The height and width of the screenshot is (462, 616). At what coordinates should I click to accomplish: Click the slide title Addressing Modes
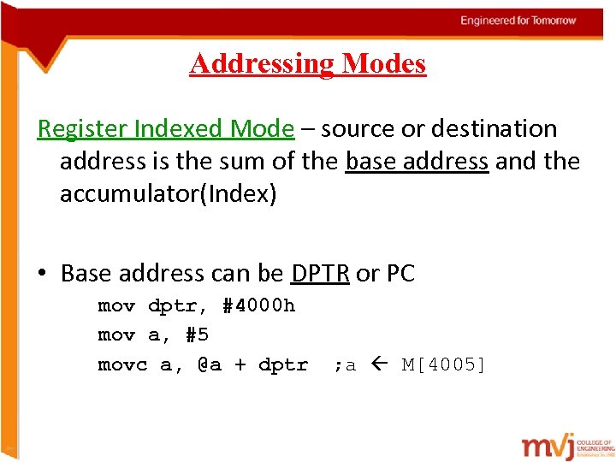[x=307, y=63]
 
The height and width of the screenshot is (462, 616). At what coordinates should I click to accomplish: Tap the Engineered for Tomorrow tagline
[x=518, y=21]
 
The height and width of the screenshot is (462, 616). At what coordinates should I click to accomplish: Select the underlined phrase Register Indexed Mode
[x=165, y=129]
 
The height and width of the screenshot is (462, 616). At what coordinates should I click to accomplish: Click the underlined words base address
[x=417, y=162]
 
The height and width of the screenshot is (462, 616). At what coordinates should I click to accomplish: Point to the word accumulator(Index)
[x=169, y=194]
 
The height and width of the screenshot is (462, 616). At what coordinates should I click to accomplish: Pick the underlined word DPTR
[x=320, y=274]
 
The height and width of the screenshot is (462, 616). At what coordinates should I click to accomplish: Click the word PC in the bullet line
[x=400, y=274]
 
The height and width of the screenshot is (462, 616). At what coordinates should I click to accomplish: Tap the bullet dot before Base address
[x=42, y=275]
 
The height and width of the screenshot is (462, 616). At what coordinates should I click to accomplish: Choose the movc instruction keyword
[x=122, y=365]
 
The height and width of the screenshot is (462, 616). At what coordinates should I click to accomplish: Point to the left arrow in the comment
[x=381, y=365]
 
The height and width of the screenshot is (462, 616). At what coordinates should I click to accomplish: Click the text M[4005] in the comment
[x=444, y=365]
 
